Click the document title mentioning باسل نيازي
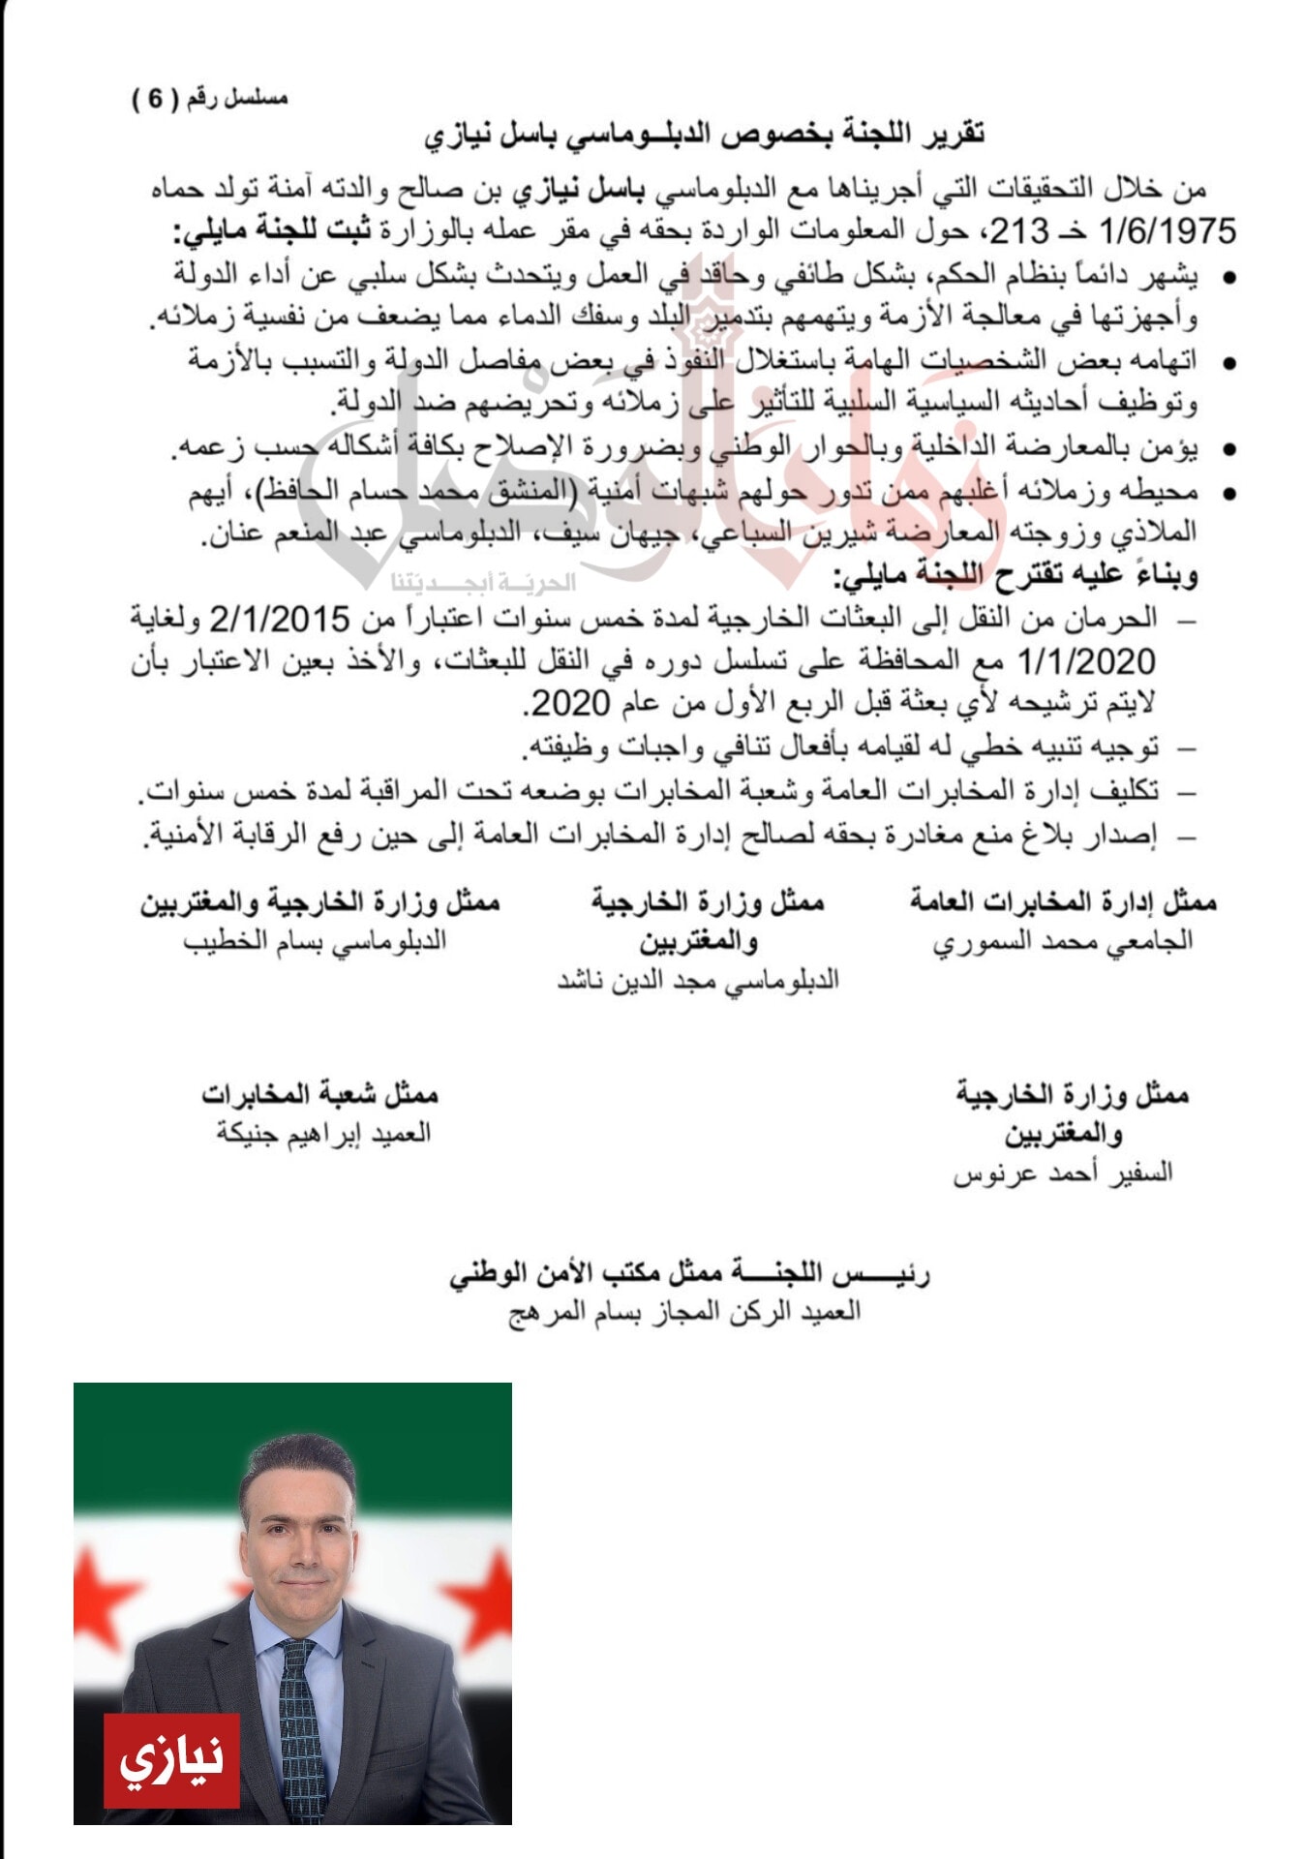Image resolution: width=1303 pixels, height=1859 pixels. click(x=704, y=134)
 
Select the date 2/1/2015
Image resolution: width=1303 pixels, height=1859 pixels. click(x=279, y=618)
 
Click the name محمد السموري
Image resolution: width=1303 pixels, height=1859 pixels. click(x=1029, y=942)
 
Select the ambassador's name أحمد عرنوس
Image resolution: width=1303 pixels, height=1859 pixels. click(x=1019, y=1173)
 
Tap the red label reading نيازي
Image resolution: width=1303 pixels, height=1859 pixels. click(x=171, y=1757)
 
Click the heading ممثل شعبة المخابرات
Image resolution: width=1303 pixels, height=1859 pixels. click(x=320, y=1094)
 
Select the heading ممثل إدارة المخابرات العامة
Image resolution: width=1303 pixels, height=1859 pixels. click(x=1063, y=902)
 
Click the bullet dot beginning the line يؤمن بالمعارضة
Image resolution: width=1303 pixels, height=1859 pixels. click(x=1229, y=449)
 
